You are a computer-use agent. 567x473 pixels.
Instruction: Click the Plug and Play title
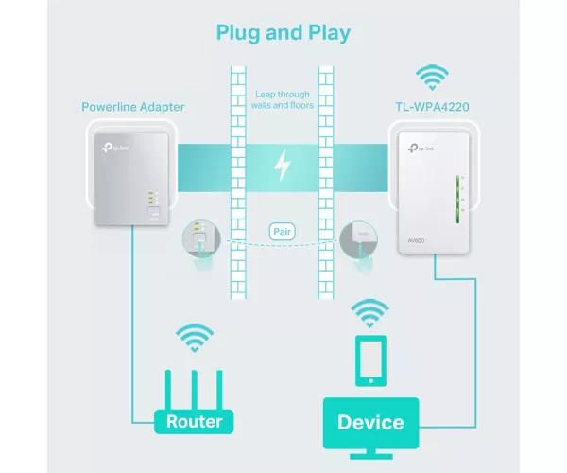(x=283, y=33)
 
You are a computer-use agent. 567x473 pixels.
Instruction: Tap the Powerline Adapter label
(x=133, y=107)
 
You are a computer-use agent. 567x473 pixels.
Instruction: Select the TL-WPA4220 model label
(x=432, y=107)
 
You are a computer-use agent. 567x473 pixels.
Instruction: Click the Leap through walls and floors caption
(x=283, y=100)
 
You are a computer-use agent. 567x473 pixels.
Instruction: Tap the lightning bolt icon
(x=283, y=165)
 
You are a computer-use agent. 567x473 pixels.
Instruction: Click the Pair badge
(x=282, y=232)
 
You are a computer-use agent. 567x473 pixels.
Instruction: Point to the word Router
(x=194, y=422)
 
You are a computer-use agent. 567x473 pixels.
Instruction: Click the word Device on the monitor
(x=370, y=422)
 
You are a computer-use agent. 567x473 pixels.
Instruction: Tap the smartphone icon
(x=371, y=360)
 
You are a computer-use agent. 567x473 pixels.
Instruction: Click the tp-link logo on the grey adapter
(x=115, y=148)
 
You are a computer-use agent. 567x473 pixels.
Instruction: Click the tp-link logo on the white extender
(x=421, y=148)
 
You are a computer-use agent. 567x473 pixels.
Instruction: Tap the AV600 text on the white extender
(x=416, y=240)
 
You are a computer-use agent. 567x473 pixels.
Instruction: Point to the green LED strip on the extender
(x=457, y=199)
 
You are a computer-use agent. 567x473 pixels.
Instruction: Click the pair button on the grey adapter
(x=154, y=212)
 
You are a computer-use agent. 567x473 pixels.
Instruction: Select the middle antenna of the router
(x=195, y=390)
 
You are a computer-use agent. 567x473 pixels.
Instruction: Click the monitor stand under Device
(x=371, y=454)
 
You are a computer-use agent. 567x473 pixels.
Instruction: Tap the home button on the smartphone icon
(x=371, y=380)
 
